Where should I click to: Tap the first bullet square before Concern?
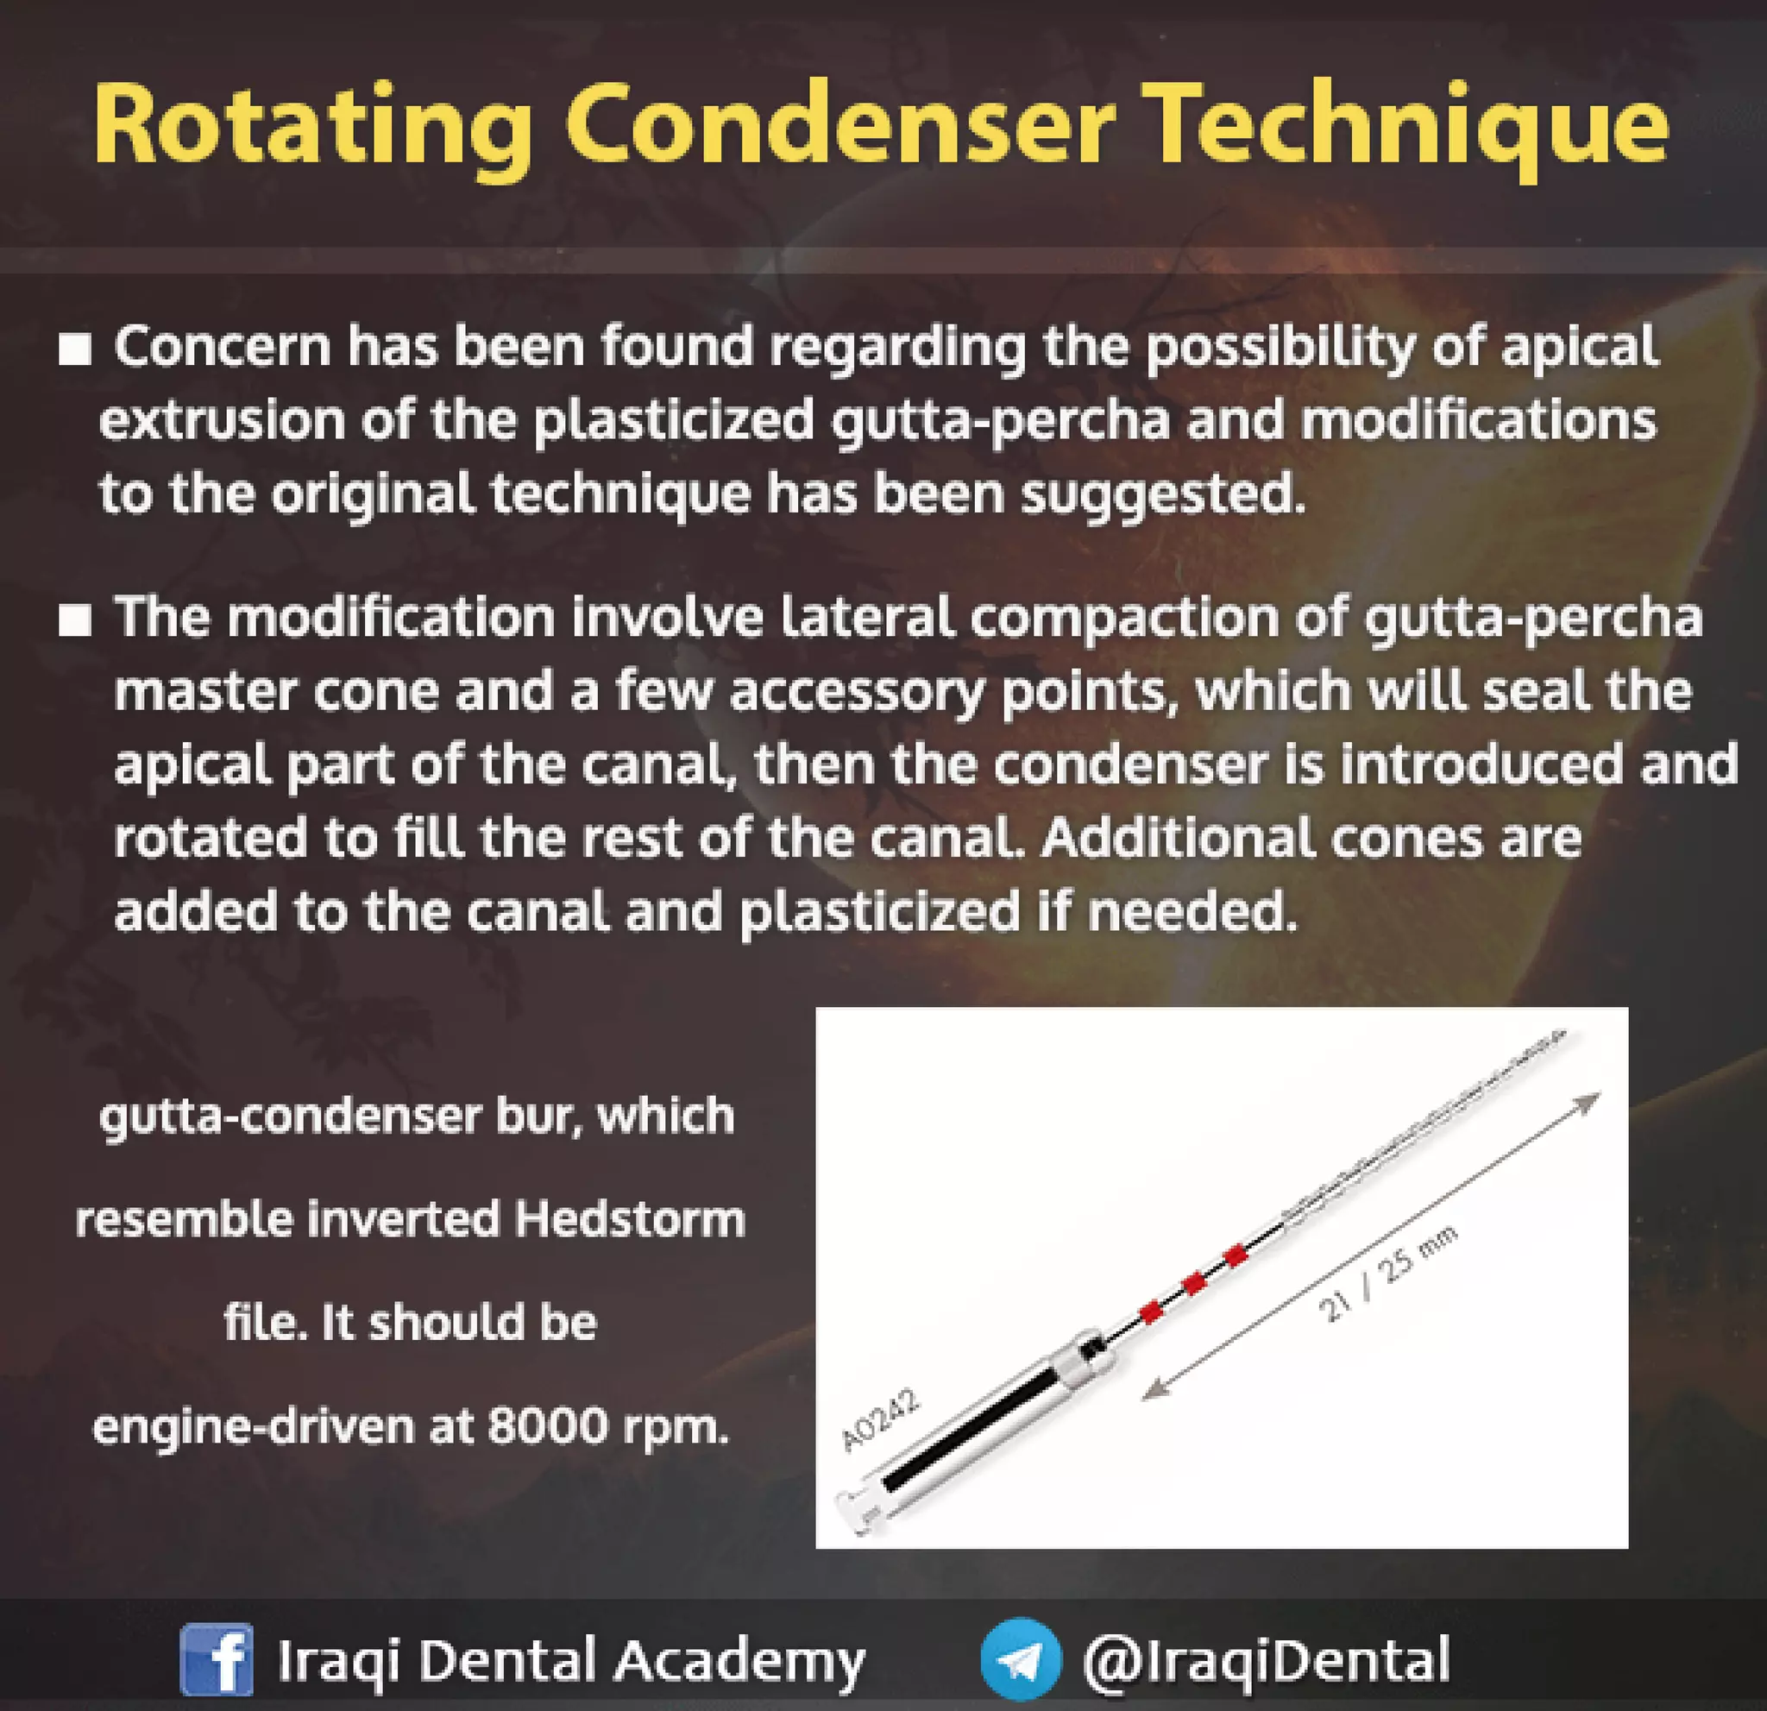(75, 349)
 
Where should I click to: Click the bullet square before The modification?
(75, 620)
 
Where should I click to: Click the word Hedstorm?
(629, 1220)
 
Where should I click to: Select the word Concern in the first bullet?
(223, 347)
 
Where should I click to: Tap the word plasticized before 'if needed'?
(880, 913)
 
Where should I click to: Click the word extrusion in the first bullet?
(222, 421)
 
